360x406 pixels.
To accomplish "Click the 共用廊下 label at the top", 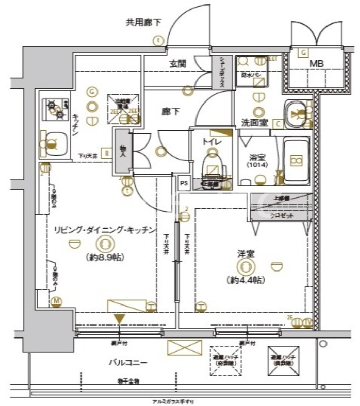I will coord(144,22).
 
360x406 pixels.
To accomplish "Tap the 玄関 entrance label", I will coord(178,64).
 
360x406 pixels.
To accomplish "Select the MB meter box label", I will coord(317,64).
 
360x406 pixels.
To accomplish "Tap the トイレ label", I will coord(212,142).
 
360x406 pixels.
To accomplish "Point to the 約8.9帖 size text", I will coord(103,257).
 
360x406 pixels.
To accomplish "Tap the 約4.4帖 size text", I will coord(246,280).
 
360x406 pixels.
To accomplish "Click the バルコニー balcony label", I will coord(127,363).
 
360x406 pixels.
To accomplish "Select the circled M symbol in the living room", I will coord(56,302).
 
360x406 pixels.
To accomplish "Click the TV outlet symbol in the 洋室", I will coord(307,322).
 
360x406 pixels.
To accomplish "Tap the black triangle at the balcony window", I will coord(119,319).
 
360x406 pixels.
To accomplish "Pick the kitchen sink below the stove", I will coord(53,143).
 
